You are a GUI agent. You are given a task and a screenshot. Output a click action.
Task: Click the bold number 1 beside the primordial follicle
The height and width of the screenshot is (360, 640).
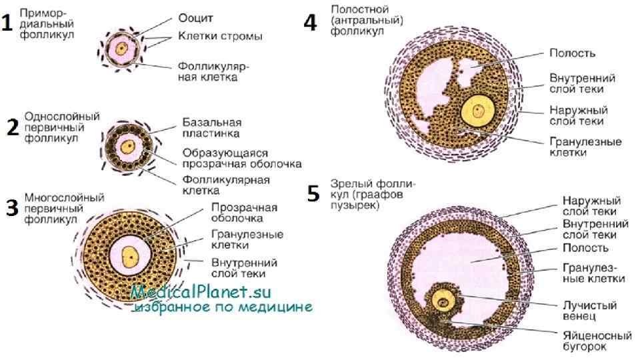(x=7, y=23)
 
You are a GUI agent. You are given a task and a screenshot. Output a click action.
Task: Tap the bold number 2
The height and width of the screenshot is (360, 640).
(x=11, y=127)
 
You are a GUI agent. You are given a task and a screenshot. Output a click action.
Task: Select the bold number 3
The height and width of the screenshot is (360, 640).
(x=11, y=208)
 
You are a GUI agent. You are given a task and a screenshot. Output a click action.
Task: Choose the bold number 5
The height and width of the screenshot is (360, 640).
(x=313, y=194)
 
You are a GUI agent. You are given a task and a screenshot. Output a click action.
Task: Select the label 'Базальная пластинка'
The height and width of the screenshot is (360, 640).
(x=213, y=128)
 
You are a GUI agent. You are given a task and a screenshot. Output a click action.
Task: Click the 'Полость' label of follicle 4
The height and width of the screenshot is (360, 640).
(x=571, y=53)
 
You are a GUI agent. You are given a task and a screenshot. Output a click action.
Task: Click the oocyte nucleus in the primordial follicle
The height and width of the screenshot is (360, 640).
(x=121, y=48)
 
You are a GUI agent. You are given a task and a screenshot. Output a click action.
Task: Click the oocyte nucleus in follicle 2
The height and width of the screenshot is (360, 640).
(x=125, y=145)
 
